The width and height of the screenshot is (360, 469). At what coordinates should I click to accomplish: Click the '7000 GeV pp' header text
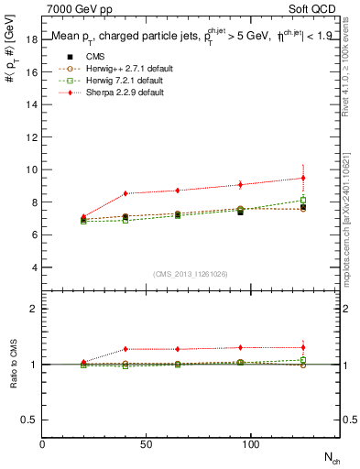click(74, 7)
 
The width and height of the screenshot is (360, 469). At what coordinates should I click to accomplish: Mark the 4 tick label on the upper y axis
click(34, 267)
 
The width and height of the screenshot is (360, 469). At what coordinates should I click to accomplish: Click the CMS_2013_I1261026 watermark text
click(191, 274)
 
